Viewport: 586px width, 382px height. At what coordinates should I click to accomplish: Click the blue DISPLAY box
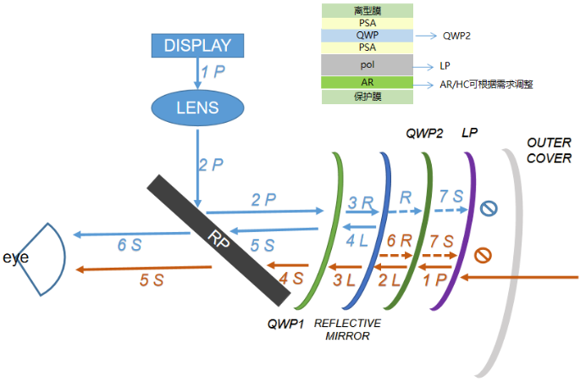[x=196, y=46]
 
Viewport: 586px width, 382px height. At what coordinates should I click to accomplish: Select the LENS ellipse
[x=196, y=108]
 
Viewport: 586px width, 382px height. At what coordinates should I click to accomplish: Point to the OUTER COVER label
[x=549, y=150]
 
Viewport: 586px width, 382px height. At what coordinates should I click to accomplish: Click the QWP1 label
[x=285, y=324]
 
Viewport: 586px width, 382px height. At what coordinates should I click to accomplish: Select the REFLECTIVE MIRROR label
[x=347, y=329]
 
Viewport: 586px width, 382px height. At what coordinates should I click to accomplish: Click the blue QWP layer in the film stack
[x=368, y=36]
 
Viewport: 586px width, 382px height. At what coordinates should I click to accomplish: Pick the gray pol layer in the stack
[x=368, y=64]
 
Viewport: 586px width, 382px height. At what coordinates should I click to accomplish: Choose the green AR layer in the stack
[x=368, y=83]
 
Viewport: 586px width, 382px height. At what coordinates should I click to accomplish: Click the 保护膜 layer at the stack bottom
[x=368, y=97]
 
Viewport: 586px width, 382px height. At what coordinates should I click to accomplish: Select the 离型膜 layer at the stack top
[x=368, y=10]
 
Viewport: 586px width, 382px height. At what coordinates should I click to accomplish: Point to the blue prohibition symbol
[x=489, y=208]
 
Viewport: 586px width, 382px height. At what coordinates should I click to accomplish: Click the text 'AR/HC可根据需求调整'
[x=487, y=85]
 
